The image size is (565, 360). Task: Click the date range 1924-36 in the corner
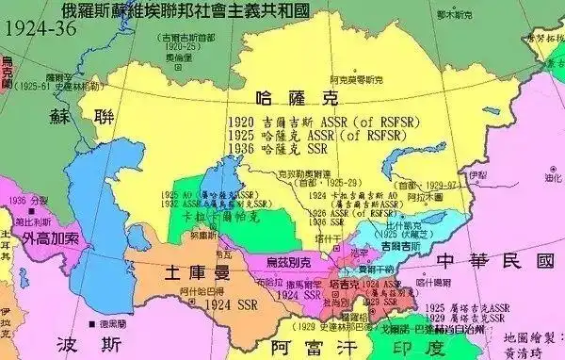(x=37, y=29)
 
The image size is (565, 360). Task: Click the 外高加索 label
(x=51, y=237)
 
